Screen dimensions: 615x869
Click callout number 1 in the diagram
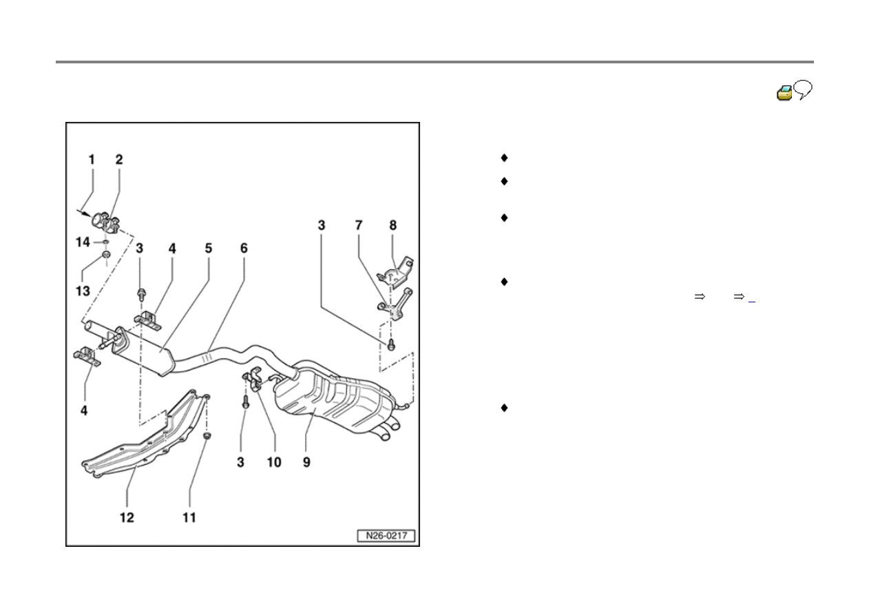[92, 159]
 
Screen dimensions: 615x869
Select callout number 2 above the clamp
[118, 159]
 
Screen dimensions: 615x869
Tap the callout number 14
[83, 242]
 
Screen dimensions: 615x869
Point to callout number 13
[83, 291]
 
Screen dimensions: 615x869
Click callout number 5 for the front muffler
[209, 248]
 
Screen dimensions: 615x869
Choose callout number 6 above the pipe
[243, 248]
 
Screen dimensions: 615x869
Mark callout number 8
[393, 225]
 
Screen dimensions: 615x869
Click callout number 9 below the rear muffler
[306, 462]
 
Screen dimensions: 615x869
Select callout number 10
[274, 462]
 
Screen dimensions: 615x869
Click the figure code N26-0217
[386, 536]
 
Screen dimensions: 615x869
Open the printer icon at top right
[784, 93]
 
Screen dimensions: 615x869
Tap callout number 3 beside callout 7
[322, 225]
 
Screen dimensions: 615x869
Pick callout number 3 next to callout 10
[241, 462]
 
